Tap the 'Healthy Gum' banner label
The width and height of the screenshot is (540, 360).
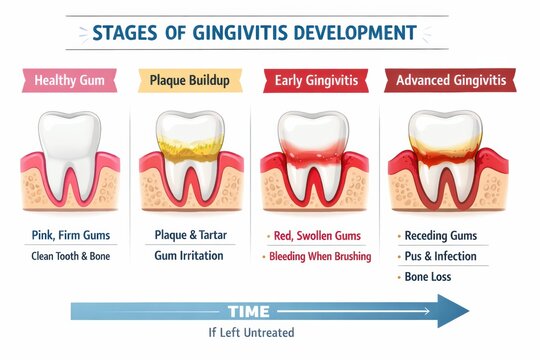pyautogui.click(x=71, y=80)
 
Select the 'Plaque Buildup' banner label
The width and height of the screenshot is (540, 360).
pyautogui.click(x=190, y=80)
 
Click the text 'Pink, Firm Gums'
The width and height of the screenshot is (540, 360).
pyautogui.click(x=71, y=235)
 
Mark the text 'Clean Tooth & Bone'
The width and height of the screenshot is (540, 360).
pyautogui.click(x=71, y=256)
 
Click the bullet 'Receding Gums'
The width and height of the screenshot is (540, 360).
pyautogui.click(x=440, y=235)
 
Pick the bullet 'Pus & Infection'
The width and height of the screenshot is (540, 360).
pyautogui.click(x=440, y=256)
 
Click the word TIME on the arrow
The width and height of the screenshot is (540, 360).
pyautogui.click(x=249, y=311)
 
